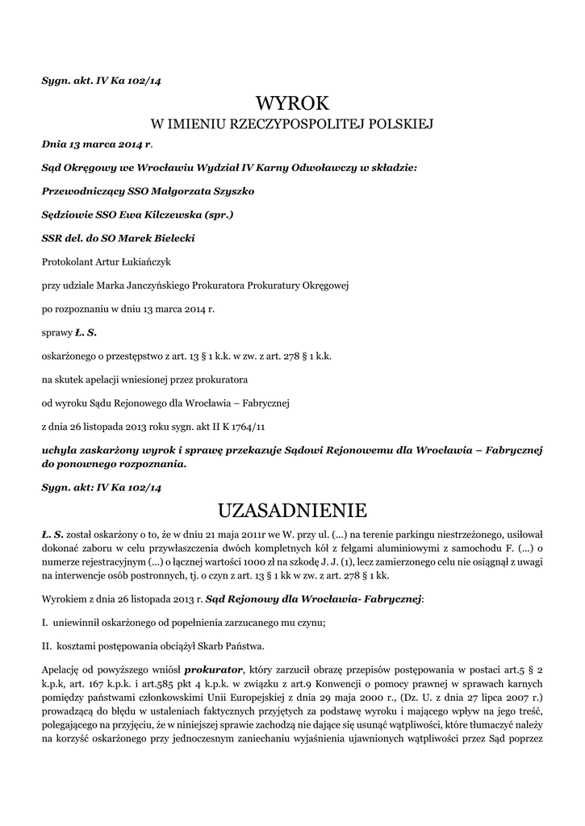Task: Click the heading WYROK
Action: tap(292, 103)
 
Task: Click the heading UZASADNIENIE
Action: tap(292, 511)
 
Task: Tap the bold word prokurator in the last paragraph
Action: tap(213, 670)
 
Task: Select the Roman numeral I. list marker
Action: tap(44, 623)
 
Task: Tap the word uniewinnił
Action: tap(79, 623)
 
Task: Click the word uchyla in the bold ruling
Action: tap(59, 448)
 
